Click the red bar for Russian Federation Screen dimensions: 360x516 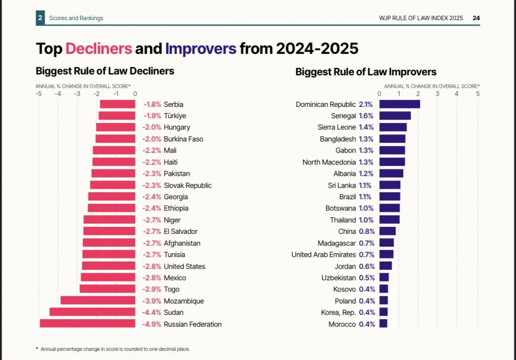coord(88,324)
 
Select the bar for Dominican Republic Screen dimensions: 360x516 coord(399,104)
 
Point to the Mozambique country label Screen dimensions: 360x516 coord(184,301)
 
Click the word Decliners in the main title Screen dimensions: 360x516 coord(99,49)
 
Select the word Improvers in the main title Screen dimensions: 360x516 coord(201,49)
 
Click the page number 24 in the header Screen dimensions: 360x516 coord(476,18)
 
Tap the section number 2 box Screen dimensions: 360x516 coord(40,18)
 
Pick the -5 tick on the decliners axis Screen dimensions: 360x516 coord(39,93)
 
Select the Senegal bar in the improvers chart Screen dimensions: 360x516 coord(395,116)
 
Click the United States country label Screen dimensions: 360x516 coord(184,266)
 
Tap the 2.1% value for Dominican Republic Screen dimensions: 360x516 coord(366,104)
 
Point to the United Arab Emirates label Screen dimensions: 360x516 coord(324,255)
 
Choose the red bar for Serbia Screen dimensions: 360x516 coord(117,104)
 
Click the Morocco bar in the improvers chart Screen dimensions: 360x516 coord(383,324)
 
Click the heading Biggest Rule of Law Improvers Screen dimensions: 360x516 coord(366,72)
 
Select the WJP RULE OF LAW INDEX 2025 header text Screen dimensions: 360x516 coord(421,18)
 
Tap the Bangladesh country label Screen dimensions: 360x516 coord(338,139)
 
